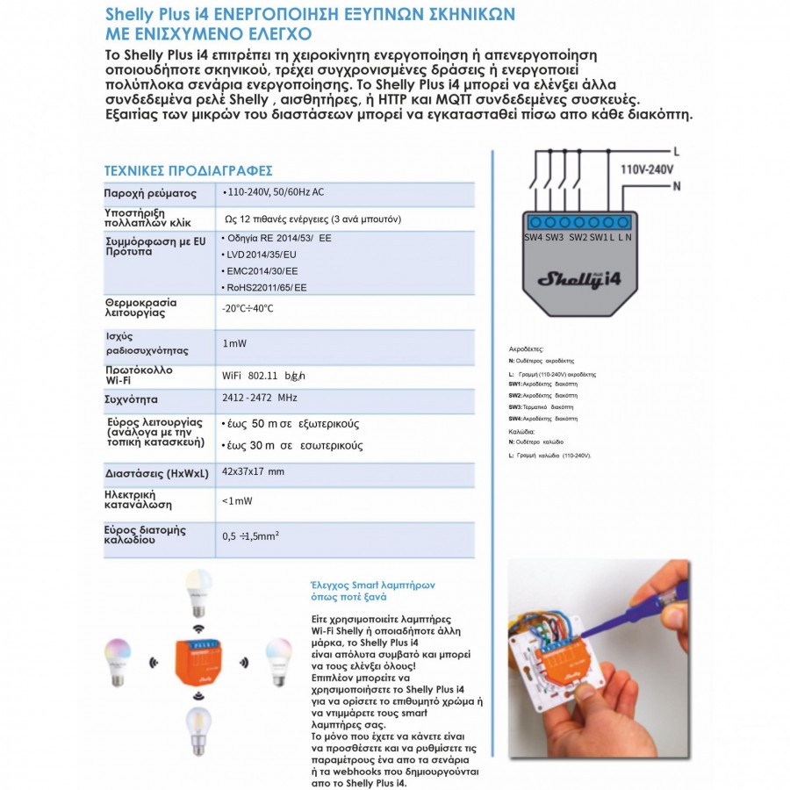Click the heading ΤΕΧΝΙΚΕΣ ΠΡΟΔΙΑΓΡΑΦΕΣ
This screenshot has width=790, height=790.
pyautogui.click(x=188, y=169)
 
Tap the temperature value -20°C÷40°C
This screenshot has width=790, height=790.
pyautogui.click(x=248, y=308)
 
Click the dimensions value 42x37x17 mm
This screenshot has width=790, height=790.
pyautogui.click(x=254, y=472)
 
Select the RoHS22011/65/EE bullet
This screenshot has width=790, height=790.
pyautogui.click(x=264, y=287)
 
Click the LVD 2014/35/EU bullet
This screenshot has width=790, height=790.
pyautogui.click(x=262, y=255)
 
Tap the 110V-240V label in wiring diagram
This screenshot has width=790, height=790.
pyautogui.click(x=646, y=169)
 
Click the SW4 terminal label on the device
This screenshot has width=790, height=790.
pyautogui.click(x=534, y=237)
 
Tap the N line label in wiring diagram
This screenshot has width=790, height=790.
pyautogui.click(x=676, y=186)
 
